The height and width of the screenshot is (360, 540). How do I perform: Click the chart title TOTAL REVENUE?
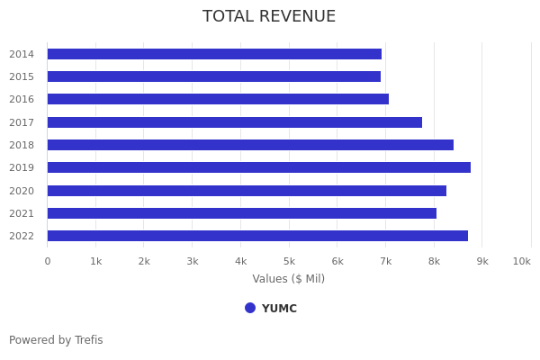[269, 17]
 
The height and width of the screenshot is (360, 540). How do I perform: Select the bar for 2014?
[214, 54]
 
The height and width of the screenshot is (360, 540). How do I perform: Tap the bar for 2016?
[218, 99]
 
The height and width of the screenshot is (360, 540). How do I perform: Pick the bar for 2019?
[258, 167]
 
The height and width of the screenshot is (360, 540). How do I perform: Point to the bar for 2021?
[241, 213]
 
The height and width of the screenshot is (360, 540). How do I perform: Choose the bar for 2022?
[257, 236]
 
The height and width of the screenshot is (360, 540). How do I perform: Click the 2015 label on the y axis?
[22, 76]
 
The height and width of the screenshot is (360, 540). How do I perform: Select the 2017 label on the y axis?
[22, 122]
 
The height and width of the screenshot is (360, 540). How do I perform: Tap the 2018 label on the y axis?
[22, 145]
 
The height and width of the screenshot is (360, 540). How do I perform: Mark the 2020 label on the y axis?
[22, 191]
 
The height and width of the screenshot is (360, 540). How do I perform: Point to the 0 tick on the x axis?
[48, 261]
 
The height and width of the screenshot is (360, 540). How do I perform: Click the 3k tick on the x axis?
[193, 261]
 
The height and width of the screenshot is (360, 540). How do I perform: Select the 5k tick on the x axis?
[289, 261]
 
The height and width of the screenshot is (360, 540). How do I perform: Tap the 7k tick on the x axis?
[385, 261]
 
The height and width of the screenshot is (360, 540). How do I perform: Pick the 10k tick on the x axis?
[521, 261]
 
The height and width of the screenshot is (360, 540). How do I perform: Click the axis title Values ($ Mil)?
[288, 279]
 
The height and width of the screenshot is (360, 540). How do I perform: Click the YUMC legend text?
[279, 309]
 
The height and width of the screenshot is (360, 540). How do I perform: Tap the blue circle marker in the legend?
[250, 308]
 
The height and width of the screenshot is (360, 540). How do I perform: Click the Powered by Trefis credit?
[56, 340]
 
